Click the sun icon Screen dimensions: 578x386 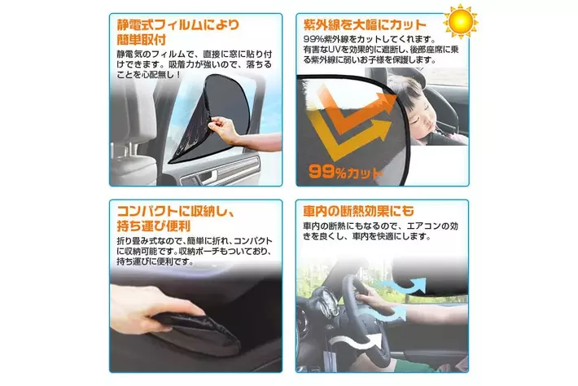pyautogui.click(x=461, y=20)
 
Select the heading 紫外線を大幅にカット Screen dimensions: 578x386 pyautogui.click(x=365, y=24)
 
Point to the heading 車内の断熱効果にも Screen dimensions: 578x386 pyautogui.click(x=358, y=211)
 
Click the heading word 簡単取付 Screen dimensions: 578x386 pyautogui.click(x=142, y=39)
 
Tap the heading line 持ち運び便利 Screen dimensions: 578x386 pyautogui.click(x=154, y=226)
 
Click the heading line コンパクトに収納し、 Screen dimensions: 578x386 pyautogui.click(x=176, y=211)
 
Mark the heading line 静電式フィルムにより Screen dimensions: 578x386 pyautogui.click(x=178, y=24)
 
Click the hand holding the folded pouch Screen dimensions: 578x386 pyautogui.click(x=155, y=308)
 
